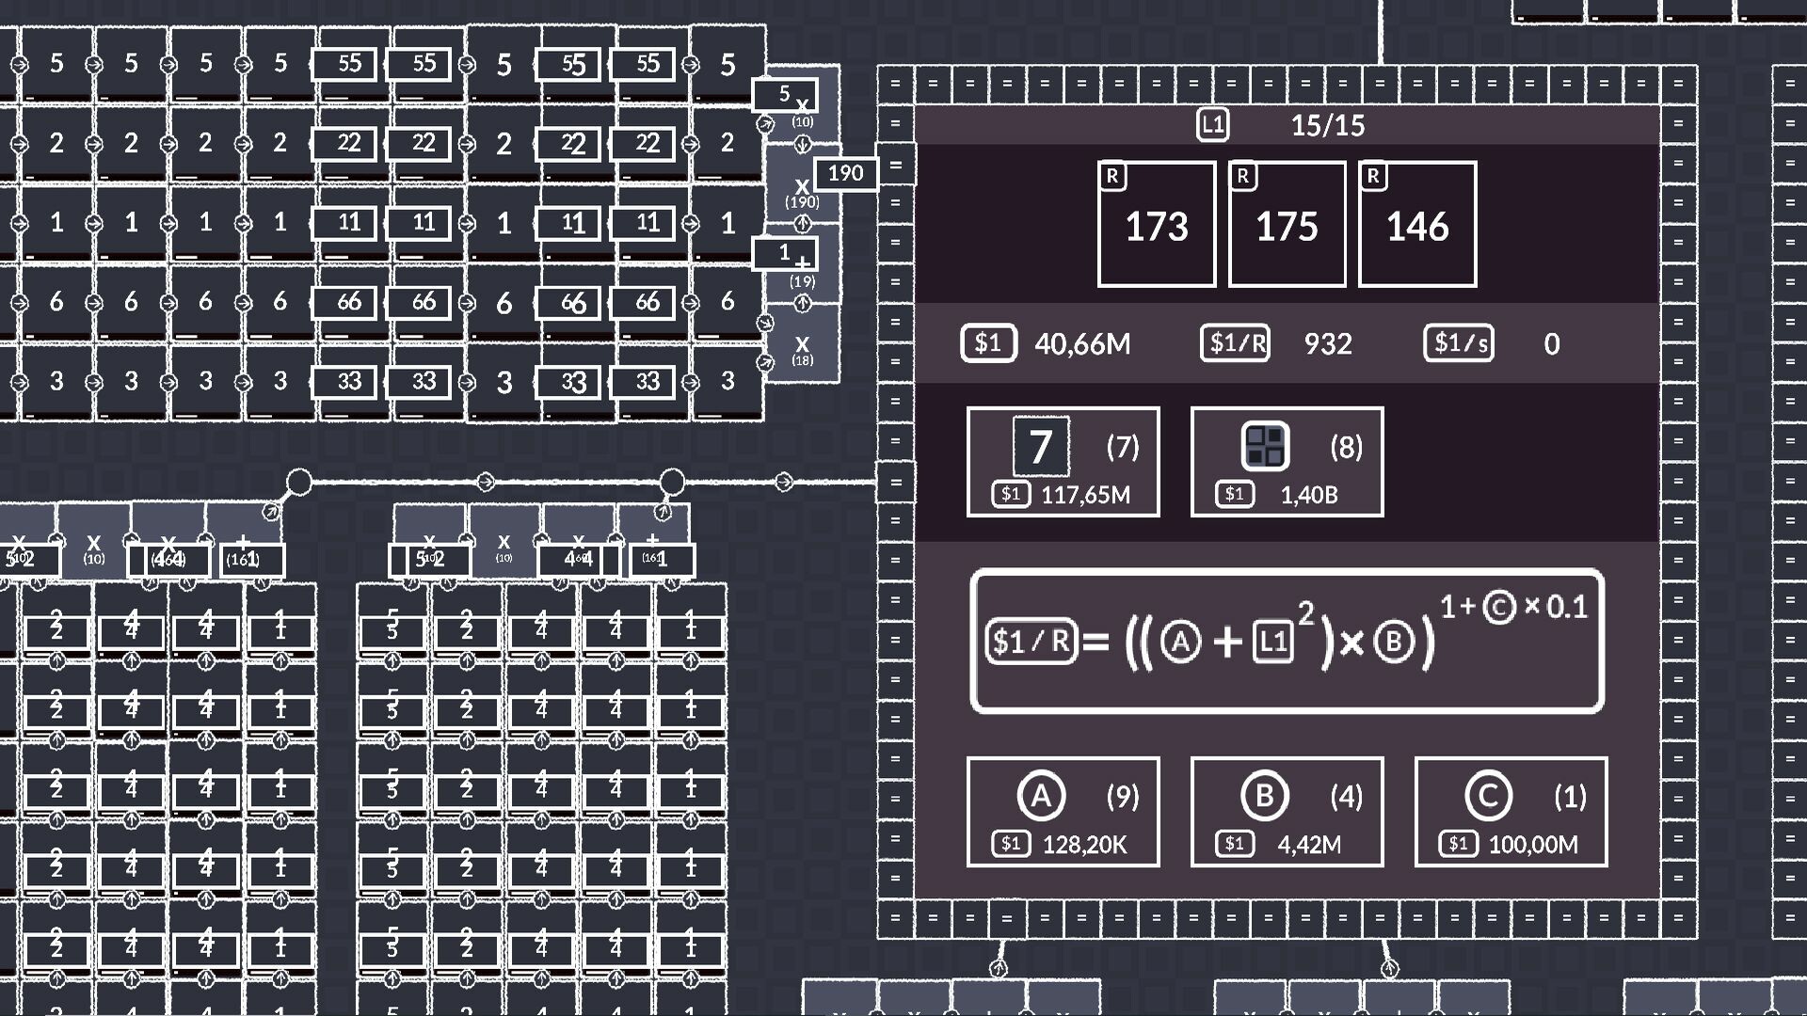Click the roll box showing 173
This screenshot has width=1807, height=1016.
(1156, 224)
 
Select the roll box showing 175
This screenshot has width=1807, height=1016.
(1287, 224)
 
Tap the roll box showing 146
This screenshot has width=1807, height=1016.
(1417, 224)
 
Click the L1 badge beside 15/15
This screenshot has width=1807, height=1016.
(1212, 124)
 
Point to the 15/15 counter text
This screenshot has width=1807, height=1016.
(1327, 125)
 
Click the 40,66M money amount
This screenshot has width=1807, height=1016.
(1082, 344)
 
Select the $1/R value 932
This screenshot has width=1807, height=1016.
(1328, 344)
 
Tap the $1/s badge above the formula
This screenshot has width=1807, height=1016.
(1458, 343)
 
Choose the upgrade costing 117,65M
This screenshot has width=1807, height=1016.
(1063, 462)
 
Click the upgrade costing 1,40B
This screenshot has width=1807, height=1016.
(1287, 462)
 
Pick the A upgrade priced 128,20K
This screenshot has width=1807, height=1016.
(1063, 812)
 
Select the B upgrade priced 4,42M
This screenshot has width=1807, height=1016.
(1287, 812)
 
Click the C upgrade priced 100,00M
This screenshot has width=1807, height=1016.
(1511, 812)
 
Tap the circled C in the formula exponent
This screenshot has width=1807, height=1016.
(1499, 607)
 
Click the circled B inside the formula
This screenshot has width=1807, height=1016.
(1394, 642)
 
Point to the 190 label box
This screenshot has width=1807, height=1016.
(845, 173)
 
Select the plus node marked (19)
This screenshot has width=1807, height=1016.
(802, 266)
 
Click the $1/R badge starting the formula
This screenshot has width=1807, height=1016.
(1031, 642)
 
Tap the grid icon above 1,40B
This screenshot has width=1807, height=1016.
(1265, 446)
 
